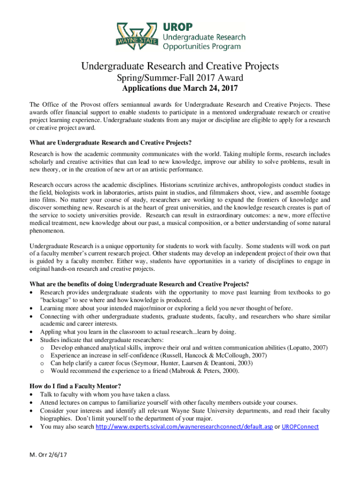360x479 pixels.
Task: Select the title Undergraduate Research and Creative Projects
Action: [180, 66]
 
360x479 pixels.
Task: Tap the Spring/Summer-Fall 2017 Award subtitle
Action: [180, 78]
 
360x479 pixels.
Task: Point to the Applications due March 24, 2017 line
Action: [180, 88]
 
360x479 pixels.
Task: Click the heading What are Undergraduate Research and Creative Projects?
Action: [111, 142]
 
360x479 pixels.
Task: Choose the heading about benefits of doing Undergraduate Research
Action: [139, 284]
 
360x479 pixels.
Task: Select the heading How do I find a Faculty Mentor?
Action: [75, 386]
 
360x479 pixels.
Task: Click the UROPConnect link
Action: [300, 427]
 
